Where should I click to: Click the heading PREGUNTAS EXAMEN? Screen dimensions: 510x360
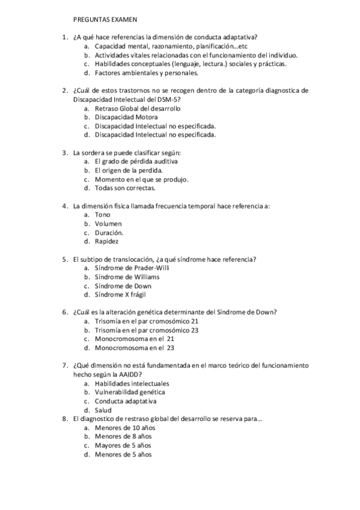(x=105, y=19)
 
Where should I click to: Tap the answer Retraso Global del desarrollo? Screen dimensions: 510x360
(x=137, y=108)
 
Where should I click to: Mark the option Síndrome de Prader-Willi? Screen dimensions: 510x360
(x=132, y=268)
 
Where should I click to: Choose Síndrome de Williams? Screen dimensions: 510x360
(x=127, y=277)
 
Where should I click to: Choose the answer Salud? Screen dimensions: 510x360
(x=103, y=410)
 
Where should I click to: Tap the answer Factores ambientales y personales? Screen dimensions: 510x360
(x=146, y=73)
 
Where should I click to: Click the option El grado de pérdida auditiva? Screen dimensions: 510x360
(x=136, y=161)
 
